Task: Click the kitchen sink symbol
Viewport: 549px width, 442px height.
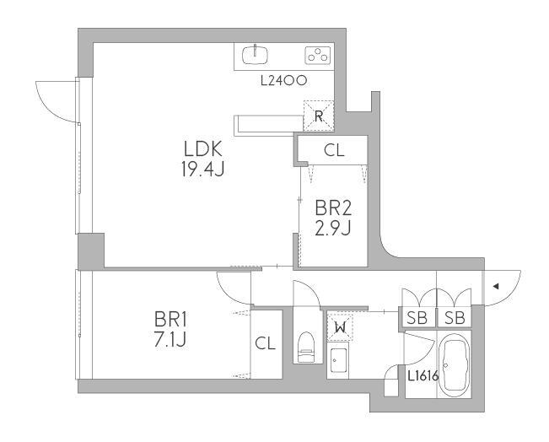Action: (256, 55)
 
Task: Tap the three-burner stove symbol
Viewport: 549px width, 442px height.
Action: (318, 56)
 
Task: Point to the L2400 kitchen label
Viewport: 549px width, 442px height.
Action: (284, 81)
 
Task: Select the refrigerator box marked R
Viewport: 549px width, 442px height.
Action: (318, 116)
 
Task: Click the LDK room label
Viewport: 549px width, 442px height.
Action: (203, 148)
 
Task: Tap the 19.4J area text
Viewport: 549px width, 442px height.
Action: (202, 170)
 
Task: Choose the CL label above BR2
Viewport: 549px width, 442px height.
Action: (334, 151)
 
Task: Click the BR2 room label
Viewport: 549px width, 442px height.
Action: (333, 208)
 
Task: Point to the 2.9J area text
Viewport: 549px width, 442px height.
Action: (333, 229)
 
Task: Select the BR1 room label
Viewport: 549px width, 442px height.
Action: (171, 320)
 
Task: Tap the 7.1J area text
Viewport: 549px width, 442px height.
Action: (170, 339)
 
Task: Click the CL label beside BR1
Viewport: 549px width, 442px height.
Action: (265, 343)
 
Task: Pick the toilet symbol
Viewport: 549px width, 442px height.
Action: (306, 347)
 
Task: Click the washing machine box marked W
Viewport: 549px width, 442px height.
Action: (340, 327)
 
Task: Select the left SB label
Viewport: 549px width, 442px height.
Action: (417, 318)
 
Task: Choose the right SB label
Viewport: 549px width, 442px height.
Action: (455, 318)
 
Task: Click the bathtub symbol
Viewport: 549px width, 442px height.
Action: (455, 364)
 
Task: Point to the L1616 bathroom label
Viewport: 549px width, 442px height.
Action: (423, 376)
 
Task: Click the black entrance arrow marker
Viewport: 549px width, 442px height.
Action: (496, 287)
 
